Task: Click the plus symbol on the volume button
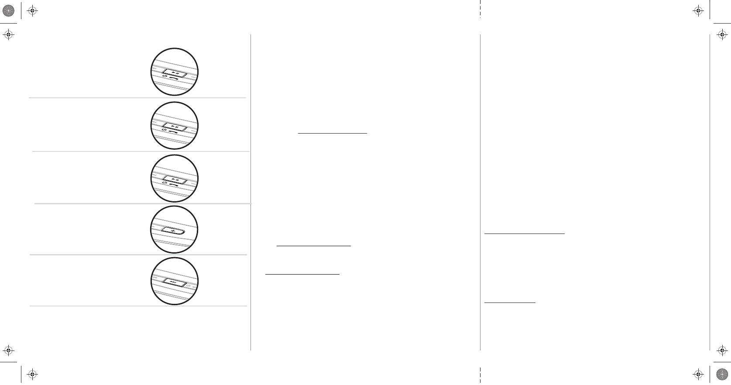tap(173, 230)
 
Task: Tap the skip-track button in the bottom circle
tap(174, 282)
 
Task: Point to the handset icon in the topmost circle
tap(174, 77)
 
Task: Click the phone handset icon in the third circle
tap(174, 184)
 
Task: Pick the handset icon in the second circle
tap(174, 131)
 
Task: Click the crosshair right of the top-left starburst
tap(32, 11)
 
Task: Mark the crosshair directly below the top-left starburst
tap(9, 34)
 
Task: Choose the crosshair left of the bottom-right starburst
tap(698, 374)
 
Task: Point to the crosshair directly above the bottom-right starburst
tap(723, 350)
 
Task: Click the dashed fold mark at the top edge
tap(480, 9)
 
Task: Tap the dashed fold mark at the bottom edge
tap(480, 375)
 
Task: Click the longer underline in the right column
tap(525, 234)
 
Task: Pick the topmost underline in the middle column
tap(333, 133)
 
